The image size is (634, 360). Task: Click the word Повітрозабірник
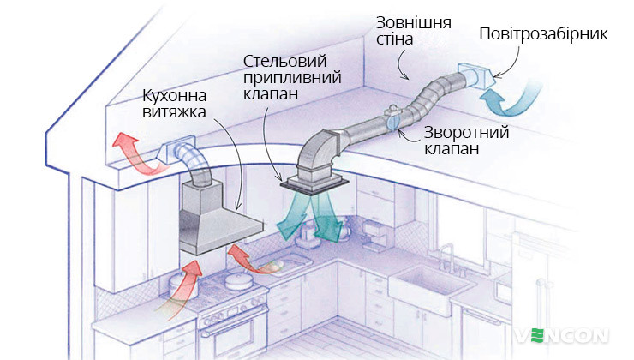click(x=542, y=34)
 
